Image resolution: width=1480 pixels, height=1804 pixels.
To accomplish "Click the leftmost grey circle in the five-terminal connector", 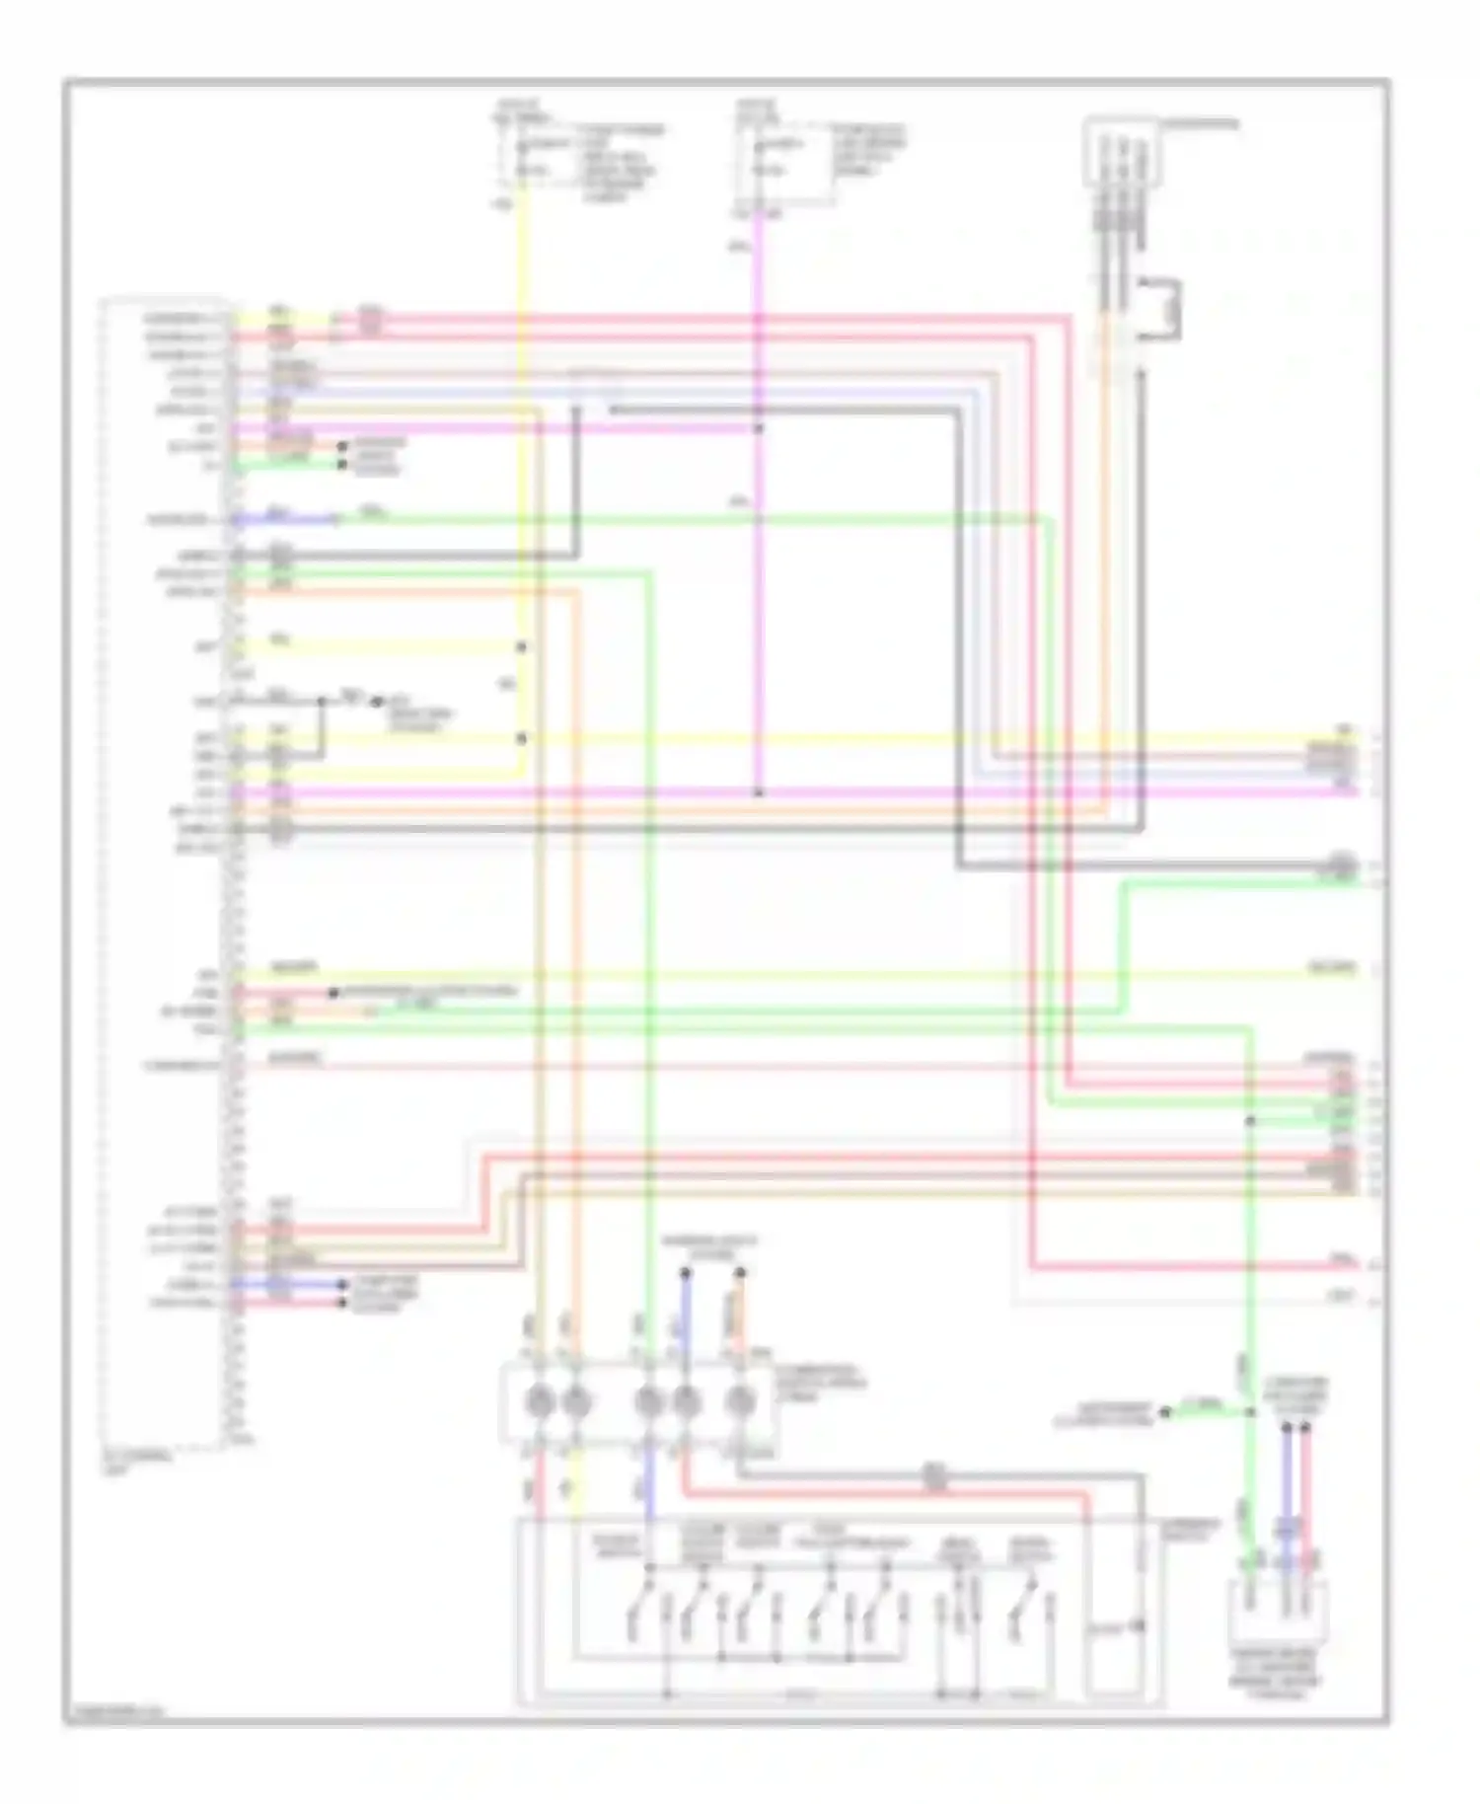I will click(539, 1401).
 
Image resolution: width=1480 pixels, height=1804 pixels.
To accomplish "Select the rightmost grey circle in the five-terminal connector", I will click(741, 1401).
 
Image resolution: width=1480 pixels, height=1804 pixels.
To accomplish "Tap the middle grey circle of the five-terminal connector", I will click(647, 1401).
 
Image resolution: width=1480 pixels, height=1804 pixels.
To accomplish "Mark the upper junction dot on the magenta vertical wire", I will click(759, 428).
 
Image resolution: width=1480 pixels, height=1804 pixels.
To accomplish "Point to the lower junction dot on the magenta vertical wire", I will click(759, 792).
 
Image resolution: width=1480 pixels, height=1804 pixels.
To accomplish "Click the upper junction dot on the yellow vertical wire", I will click(522, 647).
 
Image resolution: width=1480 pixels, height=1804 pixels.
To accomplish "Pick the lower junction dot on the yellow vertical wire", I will click(522, 738).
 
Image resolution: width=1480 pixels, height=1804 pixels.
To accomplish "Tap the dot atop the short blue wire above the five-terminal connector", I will click(686, 1273).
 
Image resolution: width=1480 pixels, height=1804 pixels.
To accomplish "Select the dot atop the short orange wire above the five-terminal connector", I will click(739, 1273).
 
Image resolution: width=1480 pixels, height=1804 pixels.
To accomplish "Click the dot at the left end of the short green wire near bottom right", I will click(1165, 1412).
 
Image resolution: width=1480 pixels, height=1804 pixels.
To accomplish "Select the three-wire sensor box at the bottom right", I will click(1278, 1611).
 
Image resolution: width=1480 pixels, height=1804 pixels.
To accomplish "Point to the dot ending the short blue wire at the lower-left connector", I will click(343, 1285).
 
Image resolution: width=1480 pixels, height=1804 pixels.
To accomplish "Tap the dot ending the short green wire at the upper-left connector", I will click(342, 463).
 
